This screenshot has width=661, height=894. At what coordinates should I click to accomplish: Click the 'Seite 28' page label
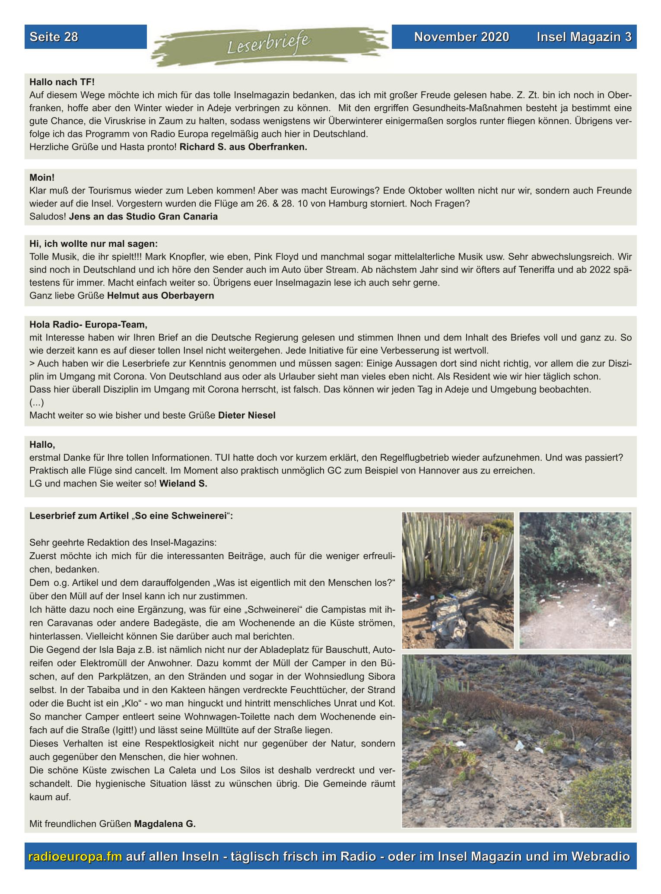tap(54, 37)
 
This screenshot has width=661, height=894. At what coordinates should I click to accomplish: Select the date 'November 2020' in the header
tap(461, 37)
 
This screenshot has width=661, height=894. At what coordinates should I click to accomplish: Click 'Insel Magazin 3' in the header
tap(584, 37)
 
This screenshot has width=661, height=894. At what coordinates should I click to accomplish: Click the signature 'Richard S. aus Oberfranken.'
tap(243, 147)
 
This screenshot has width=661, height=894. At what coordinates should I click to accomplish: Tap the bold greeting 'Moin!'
tap(42, 178)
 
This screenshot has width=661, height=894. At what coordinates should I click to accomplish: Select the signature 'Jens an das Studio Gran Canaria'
tap(143, 217)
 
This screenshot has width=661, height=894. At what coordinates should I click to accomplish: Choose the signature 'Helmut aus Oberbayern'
tap(160, 296)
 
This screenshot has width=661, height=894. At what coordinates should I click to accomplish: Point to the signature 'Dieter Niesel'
tap(247, 415)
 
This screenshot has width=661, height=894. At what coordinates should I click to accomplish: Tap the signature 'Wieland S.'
tap(183, 484)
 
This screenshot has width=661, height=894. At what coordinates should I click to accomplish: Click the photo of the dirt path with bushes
tap(575, 580)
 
